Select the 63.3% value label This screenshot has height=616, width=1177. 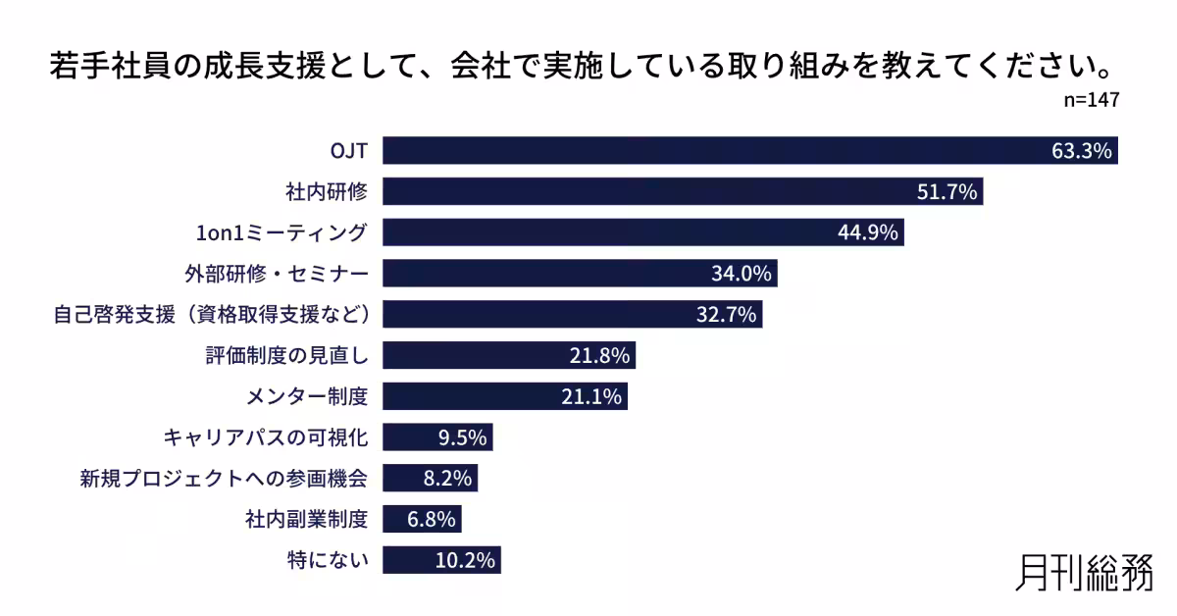coord(1081,151)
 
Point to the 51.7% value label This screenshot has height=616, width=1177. coord(947,192)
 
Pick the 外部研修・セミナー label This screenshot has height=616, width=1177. coord(277,273)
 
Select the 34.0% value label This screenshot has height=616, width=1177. coord(742,274)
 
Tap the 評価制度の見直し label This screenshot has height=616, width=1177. coord(286,355)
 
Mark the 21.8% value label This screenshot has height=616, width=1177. coord(599,355)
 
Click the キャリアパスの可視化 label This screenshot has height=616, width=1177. coord(266,437)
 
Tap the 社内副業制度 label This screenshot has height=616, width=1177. coord(306,519)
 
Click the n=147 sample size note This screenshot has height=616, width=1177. coord(1091,101)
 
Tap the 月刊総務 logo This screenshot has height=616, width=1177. coord(1084,573)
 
